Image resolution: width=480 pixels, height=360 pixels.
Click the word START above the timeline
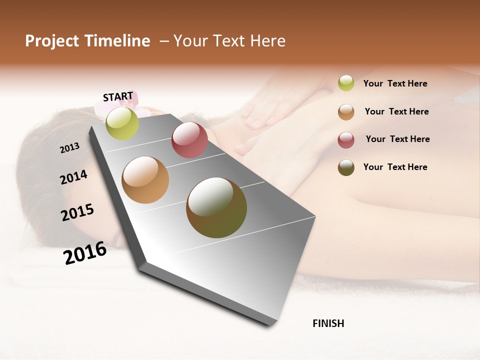point(118,96)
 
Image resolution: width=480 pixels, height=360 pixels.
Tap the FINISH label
point(328,323)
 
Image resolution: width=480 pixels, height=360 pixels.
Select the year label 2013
point(69,148)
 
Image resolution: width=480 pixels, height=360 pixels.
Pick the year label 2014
point(73,177)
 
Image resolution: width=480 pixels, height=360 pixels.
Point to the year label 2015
point(77,212)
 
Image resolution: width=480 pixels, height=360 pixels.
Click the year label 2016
point(85,253)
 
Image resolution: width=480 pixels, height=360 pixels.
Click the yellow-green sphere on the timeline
point(122,123)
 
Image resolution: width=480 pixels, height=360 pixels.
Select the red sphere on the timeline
point(189,140)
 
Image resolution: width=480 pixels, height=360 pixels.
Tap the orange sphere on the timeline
point(145,180)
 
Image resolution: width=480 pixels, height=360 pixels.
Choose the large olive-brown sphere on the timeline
point(216,207)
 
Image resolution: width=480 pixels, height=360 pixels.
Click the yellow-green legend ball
point(346,83)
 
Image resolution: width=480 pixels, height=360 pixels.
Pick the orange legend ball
point(346,112)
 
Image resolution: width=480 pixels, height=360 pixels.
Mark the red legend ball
point(346,139)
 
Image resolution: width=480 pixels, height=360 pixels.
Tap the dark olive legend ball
point(346,167)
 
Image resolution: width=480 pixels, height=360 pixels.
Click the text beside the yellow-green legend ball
point(395,83)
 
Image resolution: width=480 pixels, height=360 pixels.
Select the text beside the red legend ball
point(397,139)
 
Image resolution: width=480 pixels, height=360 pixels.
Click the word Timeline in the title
point(117,41)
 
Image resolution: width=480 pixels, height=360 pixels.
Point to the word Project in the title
point(52,41)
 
